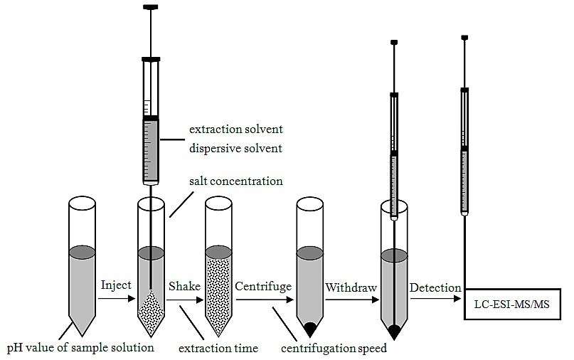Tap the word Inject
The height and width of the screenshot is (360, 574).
click(117, 286)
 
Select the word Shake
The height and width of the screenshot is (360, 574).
click(183, 286)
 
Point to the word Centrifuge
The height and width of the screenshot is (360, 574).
click(263, 286)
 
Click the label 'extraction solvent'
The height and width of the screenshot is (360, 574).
click(236, 130)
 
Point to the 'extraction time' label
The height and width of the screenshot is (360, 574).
click(218, 349)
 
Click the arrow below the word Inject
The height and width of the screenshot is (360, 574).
click(116, 300)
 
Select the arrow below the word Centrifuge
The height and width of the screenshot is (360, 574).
click(265, 300)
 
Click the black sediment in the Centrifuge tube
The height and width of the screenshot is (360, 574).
click(310, 329)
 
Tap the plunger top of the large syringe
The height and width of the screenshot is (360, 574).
click(152, 8)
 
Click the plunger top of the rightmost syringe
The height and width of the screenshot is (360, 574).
click(464, 37)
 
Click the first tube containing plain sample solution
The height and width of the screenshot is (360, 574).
click(83, 277)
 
